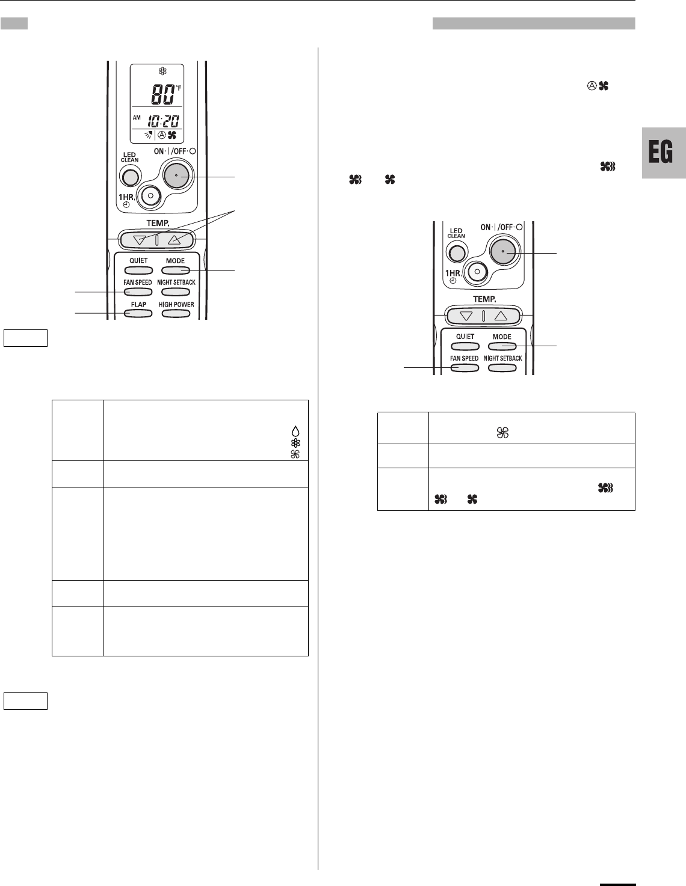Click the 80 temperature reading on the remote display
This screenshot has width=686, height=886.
tap(162, 94)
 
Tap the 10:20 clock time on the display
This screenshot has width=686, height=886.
tap(163, 121)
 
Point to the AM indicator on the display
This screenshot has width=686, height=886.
tap(137, 118)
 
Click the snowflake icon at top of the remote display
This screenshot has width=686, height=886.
tap(162, 72)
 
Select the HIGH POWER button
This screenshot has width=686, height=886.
tap(176, 314)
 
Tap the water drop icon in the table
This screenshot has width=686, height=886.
tap(295, 432)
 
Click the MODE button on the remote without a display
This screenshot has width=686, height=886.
tap(502, 346)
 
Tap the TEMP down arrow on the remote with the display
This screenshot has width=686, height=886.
tap(140, 240)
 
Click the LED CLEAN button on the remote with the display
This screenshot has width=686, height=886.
tap(130, 177)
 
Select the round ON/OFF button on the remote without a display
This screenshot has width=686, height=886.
tap(503, 252)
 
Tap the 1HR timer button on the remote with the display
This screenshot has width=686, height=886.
tap(150, 196)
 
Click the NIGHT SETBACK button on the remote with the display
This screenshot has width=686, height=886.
tap(176, 292)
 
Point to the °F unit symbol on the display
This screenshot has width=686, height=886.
tap(178, 88)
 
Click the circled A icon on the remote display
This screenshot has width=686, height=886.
tap(162, 135)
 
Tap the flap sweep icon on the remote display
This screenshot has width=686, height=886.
tap(149, 135)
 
